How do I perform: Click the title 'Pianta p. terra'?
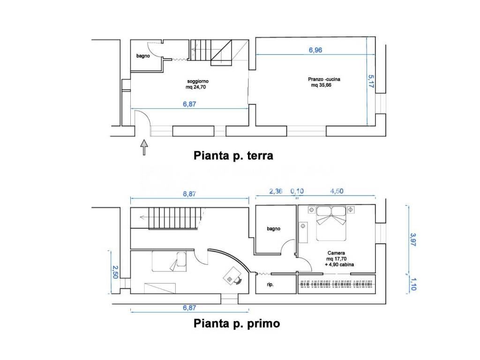233,156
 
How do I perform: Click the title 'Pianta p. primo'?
237,323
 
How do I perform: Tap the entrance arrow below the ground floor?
144,147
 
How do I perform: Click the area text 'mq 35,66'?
321,85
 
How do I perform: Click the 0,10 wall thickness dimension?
297,191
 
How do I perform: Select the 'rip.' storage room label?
270,285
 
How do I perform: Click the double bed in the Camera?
332,223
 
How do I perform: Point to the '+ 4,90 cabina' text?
339,265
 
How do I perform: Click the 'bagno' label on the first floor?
273,229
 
